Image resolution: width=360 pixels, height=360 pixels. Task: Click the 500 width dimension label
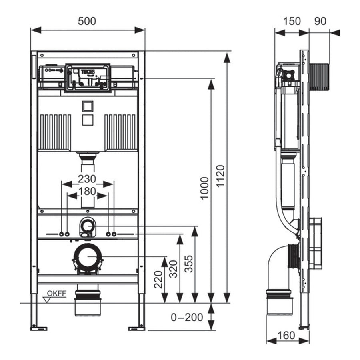tap(87, 21)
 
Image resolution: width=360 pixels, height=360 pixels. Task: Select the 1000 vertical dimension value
tap(204, 188)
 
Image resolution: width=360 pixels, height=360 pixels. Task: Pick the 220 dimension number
tap(158, 279)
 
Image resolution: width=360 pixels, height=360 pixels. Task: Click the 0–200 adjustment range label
tap(187, 317)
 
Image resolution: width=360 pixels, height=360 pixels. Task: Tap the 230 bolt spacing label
tap(87, 179)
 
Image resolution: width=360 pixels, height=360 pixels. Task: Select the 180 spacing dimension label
tap(87, 191)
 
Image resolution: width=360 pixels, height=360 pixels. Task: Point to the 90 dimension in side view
tap(320, 21)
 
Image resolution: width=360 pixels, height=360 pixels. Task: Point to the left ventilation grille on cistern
tap(55, 132)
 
